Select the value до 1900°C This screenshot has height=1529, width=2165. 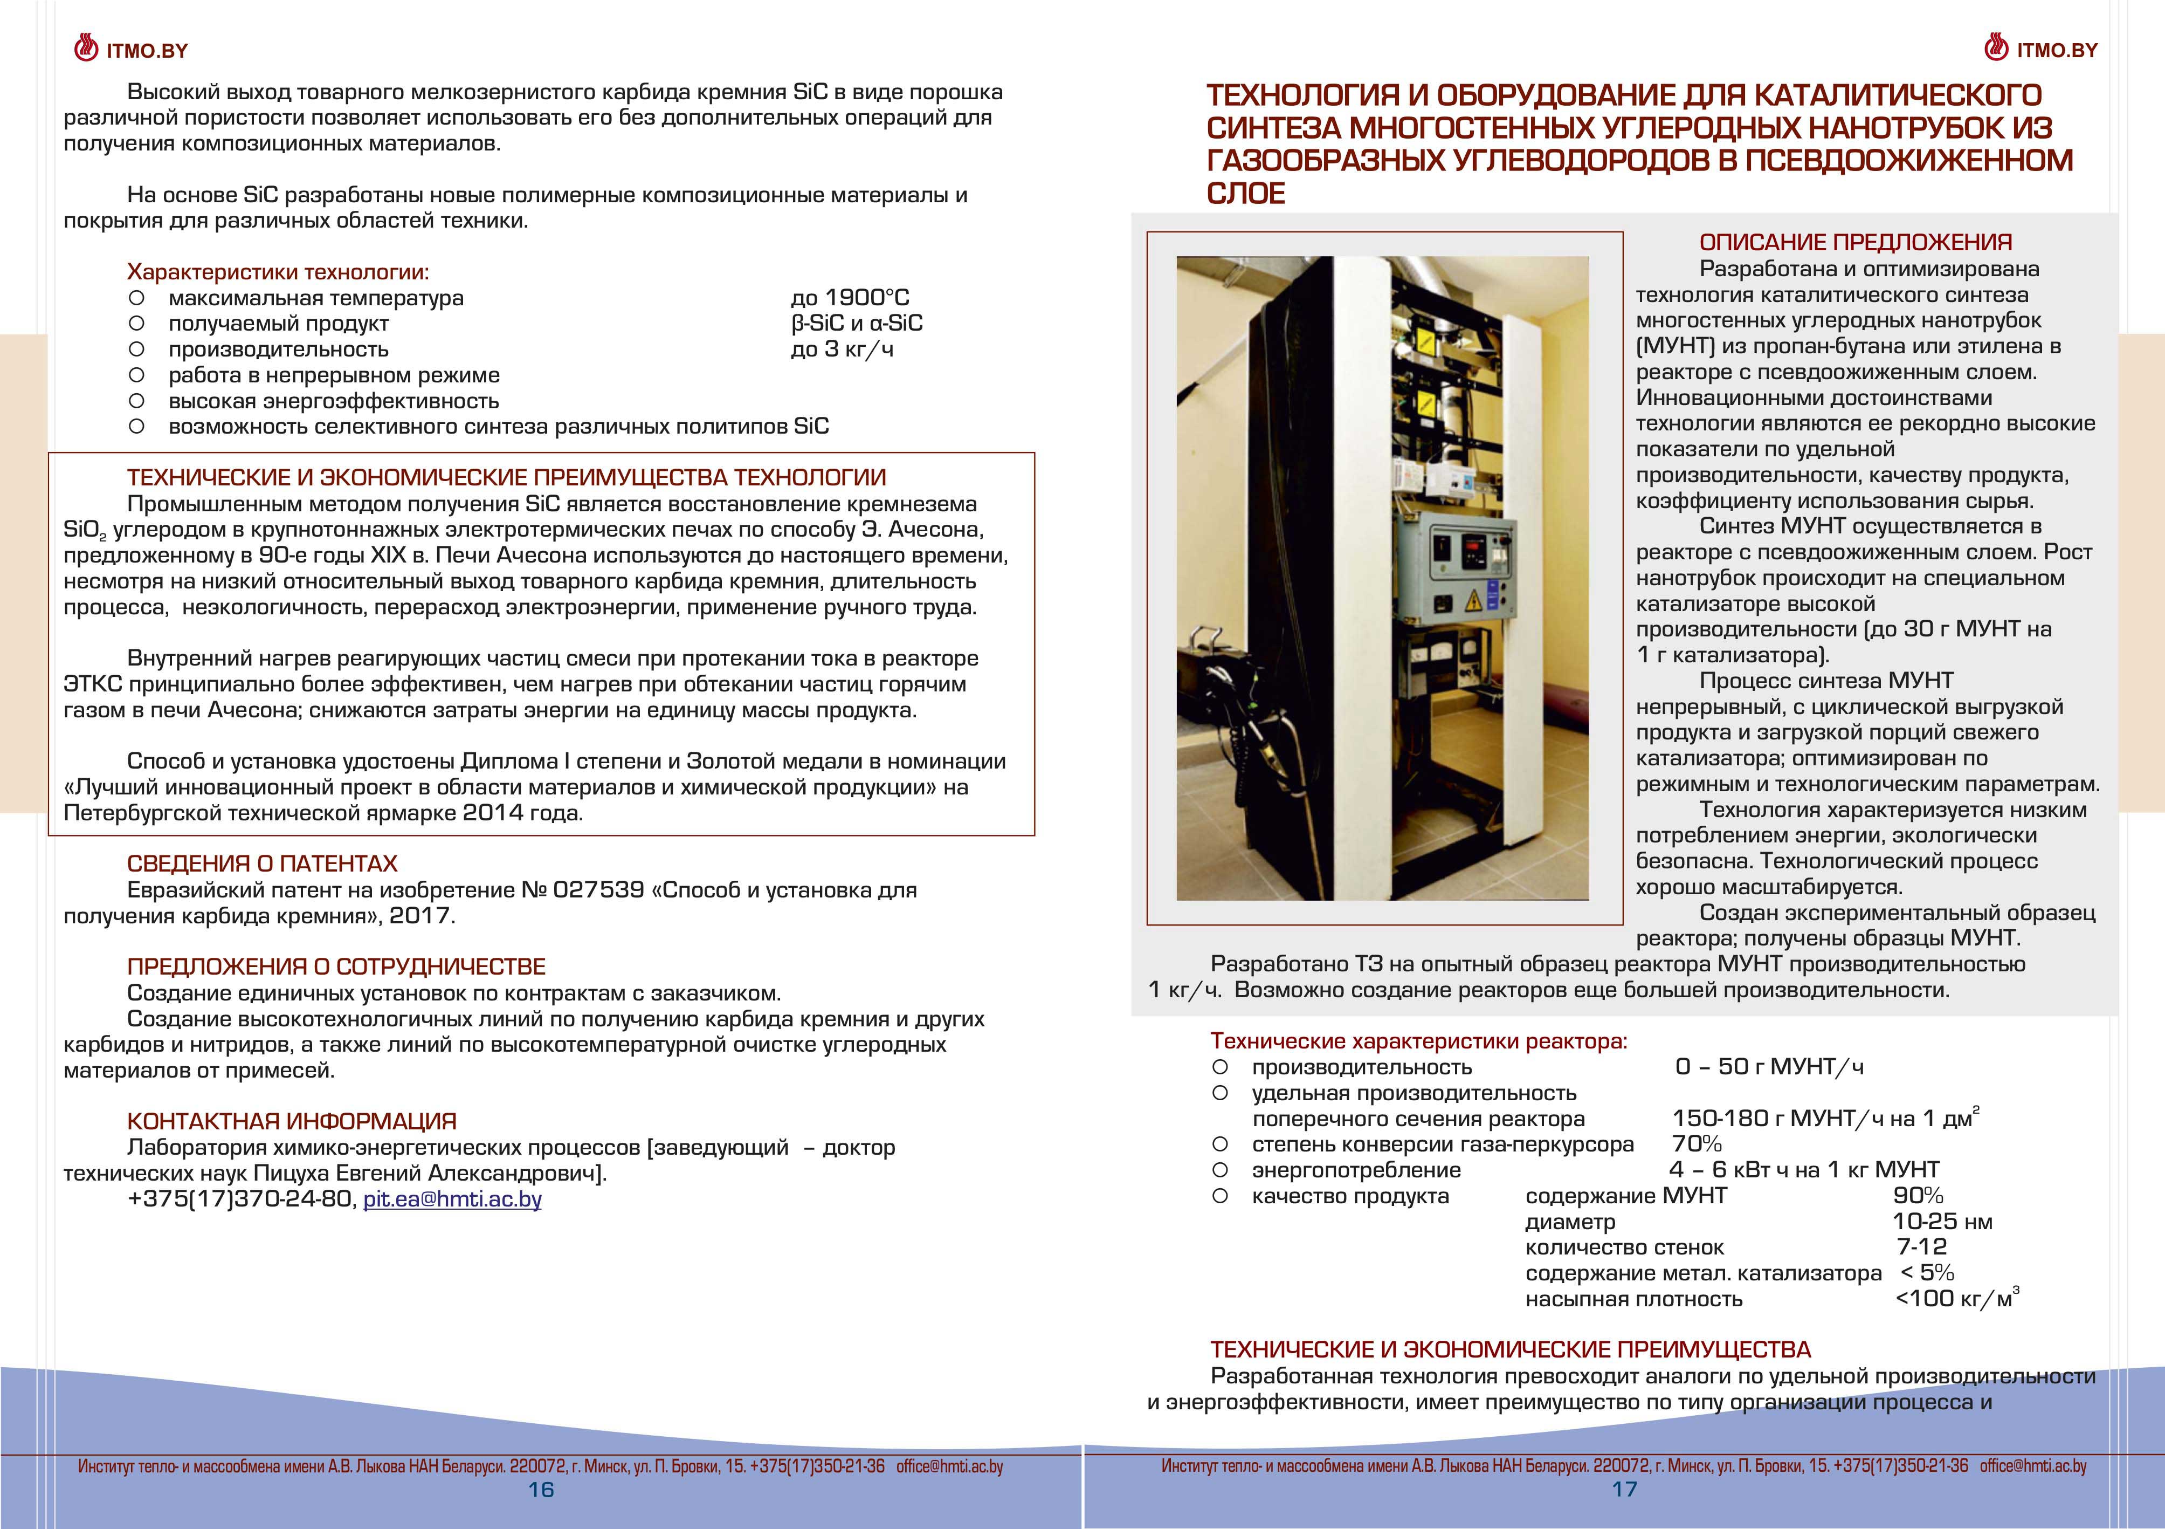tap(850, 298)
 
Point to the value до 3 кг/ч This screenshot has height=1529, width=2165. tap(842, 349)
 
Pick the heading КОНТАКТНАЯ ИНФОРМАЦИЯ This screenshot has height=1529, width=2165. tap(291, 1121)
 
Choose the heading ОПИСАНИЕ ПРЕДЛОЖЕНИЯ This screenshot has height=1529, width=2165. tap(1855, 242)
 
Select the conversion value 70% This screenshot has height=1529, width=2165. tap(1697, 1144)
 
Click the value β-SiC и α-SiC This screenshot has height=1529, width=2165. tap(856, 324)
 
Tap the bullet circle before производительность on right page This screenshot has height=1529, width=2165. tap(1220, 1067)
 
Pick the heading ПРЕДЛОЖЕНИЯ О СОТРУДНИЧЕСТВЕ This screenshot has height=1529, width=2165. tap(336, 967)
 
